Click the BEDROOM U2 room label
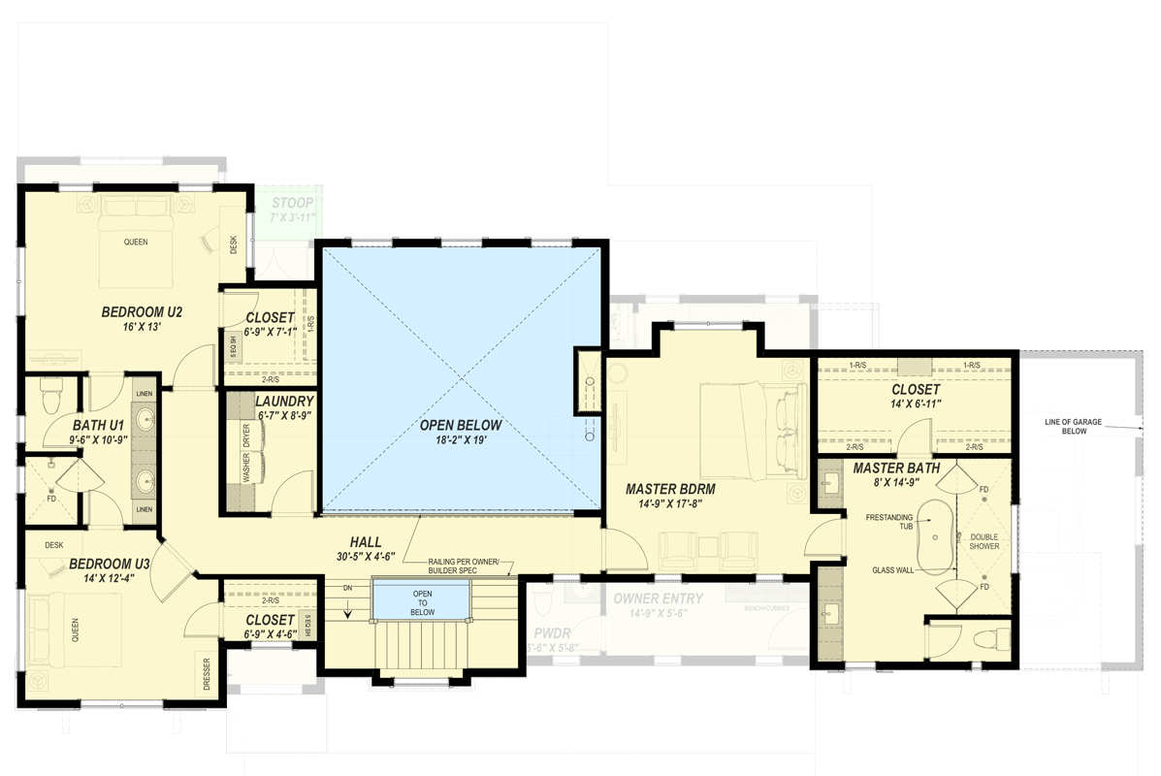click(x=142, y=312)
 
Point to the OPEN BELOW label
click(x=461, y=426)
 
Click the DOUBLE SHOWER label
click(x=984, y=540)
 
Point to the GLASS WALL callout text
click(x=892, y=570)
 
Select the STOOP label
click(x=292, y=203)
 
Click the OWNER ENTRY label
click(x=659, y=598)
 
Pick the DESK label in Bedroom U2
click(x=234, y=246)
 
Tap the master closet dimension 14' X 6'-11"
click(x=916, y=403)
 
